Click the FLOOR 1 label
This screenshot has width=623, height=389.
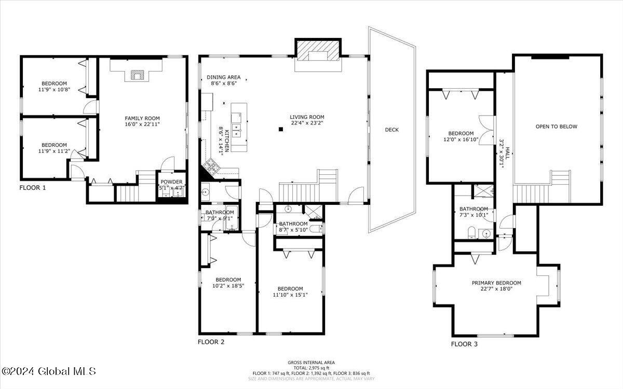(x=33, y=188)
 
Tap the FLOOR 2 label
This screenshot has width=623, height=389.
(x=211, y=342)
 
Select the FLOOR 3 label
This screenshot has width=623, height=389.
(x=464, y=343)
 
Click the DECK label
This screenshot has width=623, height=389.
(x=392, y=130)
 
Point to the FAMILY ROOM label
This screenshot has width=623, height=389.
(x=142, y=118)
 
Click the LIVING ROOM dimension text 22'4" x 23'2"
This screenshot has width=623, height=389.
(x=307, y=123)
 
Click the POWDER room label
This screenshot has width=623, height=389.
(x=171, y=182)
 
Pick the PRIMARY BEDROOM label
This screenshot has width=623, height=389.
(x=496, y=283)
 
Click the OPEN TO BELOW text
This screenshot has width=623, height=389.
(x=557, y=127)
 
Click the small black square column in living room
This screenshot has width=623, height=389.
(x=280, y=129)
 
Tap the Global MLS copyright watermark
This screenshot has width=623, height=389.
(x=49, y=371)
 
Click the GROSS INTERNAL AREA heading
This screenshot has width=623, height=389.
(x=311, y=362)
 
